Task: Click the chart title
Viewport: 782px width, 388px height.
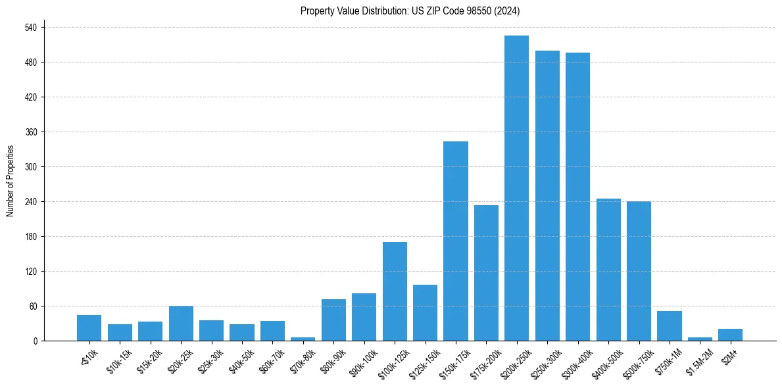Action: [410, 11]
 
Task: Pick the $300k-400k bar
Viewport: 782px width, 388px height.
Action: [577, 197]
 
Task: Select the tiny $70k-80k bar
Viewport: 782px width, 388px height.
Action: [303, 339]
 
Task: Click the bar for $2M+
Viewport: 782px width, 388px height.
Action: [730, 335]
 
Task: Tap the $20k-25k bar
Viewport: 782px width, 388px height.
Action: [181, 323]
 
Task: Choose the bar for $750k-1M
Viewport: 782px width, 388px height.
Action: [670, 326]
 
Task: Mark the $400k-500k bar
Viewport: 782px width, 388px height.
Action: [608, 270]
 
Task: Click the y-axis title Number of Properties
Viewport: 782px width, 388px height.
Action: [11, 181]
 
